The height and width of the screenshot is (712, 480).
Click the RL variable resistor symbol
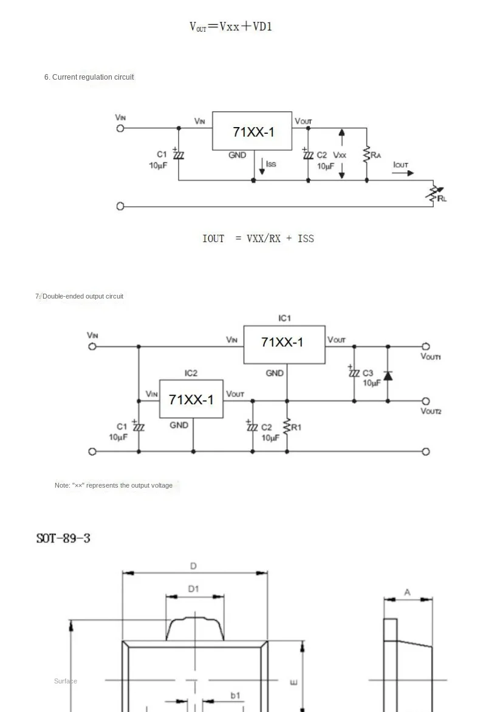[433, 193]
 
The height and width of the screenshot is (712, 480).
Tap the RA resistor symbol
[366, 154]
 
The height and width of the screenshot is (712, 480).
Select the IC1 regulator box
[284, 344]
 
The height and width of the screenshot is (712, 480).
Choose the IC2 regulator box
[191, 399]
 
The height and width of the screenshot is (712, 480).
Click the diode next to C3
[388, 376]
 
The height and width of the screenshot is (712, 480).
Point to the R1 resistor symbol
[287, 427]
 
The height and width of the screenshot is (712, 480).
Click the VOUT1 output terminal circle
[425, 347]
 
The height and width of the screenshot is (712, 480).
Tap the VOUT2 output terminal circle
[425, 401]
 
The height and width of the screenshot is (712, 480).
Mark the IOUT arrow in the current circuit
[403, 173]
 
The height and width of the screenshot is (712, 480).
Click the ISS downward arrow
[262, 166]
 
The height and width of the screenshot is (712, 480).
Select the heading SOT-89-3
[63, 538]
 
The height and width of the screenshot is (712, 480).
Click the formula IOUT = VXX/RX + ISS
[258, 238]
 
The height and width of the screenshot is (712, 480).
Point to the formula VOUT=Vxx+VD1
[230, 26]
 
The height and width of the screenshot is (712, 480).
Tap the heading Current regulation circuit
[89, 77]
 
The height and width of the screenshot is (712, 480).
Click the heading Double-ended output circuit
[80, 296]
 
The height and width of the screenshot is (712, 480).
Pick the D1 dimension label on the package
[194, 589]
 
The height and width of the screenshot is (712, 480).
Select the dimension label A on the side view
[408, 592]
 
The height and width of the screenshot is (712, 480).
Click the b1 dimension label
[236, 695]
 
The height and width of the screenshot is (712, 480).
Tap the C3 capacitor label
[368, 373]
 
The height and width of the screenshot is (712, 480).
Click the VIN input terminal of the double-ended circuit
[92, 347]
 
